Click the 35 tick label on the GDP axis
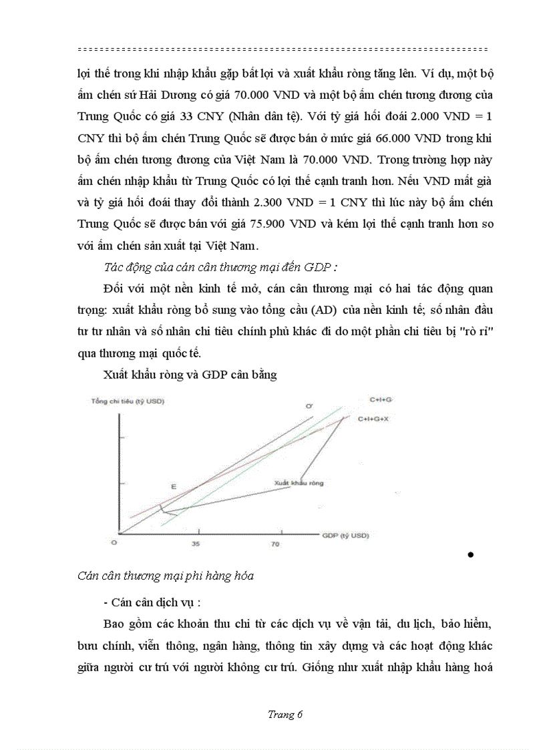(x=196, y=545)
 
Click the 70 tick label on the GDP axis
(x=275, y=545)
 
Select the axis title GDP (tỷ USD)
(x=345, y=536)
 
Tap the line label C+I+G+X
(x=373, y=419)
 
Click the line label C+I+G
(x=381, y=399)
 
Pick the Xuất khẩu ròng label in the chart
(x=298, y=482)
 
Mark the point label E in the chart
(x=173, y=488)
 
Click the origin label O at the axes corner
(x=114, y=544)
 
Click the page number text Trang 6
(x=285, y=715)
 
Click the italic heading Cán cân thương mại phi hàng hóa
(x=165, y=575)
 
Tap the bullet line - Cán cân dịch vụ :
(x=152, y=602)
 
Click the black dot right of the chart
(x=471, y=554)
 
